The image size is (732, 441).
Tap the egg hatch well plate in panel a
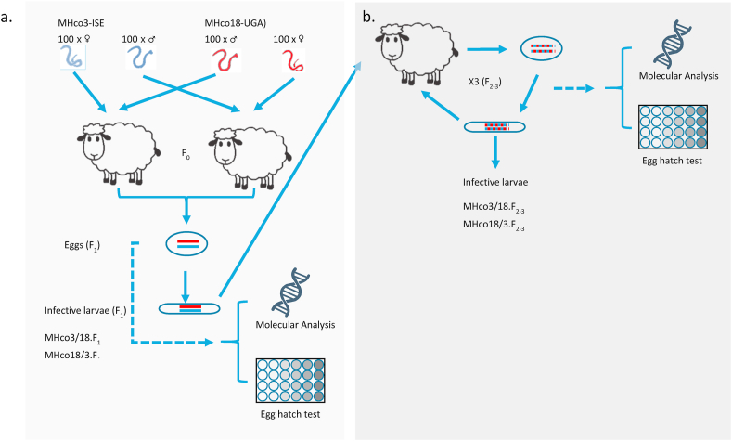[x=291, y=382]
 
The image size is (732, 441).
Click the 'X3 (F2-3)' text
[x=490, y=84]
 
